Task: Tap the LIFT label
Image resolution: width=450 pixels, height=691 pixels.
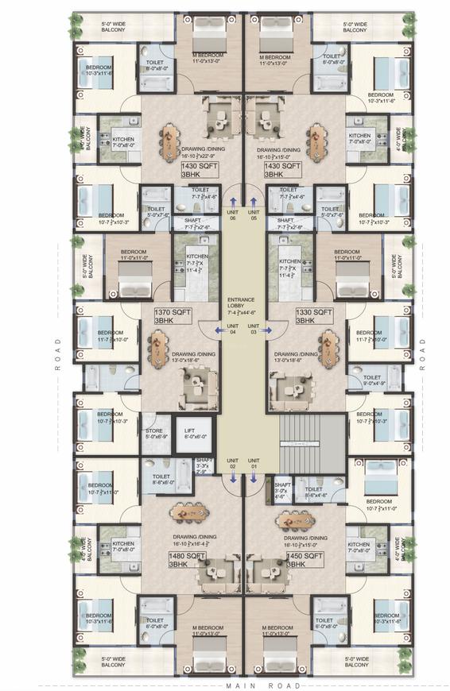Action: pos(189,432)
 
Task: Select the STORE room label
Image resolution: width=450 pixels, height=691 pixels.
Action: pos(154,432)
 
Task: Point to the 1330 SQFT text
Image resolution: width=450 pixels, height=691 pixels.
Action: pos(314,314)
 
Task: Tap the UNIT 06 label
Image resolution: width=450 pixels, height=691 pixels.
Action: pos(232,216)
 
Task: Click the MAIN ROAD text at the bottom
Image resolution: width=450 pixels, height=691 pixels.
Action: pos(263,685)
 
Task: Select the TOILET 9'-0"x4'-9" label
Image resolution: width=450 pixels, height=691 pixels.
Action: pos(371,380)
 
